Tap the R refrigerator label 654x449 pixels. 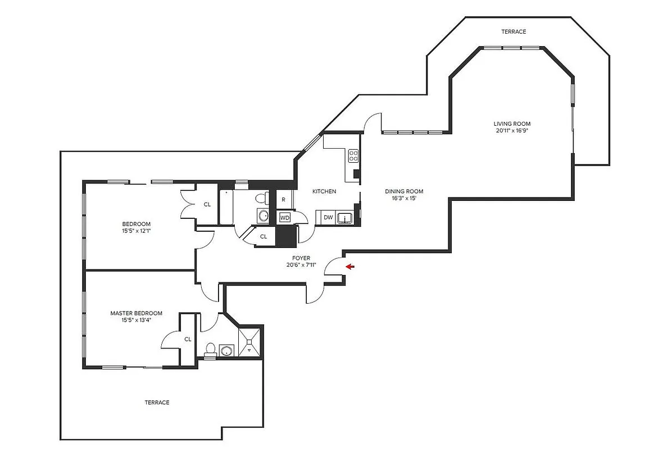pos(284,199)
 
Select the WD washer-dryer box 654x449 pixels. pos(285,217)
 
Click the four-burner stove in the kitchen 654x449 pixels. pos(353,155)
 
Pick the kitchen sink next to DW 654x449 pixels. pos(344,218)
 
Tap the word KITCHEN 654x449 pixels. pos(324,191)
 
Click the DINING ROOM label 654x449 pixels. pos(404,191)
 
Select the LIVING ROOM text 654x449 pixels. pos(512,124)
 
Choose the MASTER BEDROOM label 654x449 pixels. pos(136,313)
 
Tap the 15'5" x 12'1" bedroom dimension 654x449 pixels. pos(136,231)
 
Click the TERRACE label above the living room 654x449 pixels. pos(514,32)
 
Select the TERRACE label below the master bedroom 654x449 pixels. pos(157,402)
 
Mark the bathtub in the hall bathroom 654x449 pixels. pos(226,208)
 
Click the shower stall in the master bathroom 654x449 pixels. pos(250,341)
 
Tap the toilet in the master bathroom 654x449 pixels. pos(210,349)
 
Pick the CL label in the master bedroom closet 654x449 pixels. pos(188,339)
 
